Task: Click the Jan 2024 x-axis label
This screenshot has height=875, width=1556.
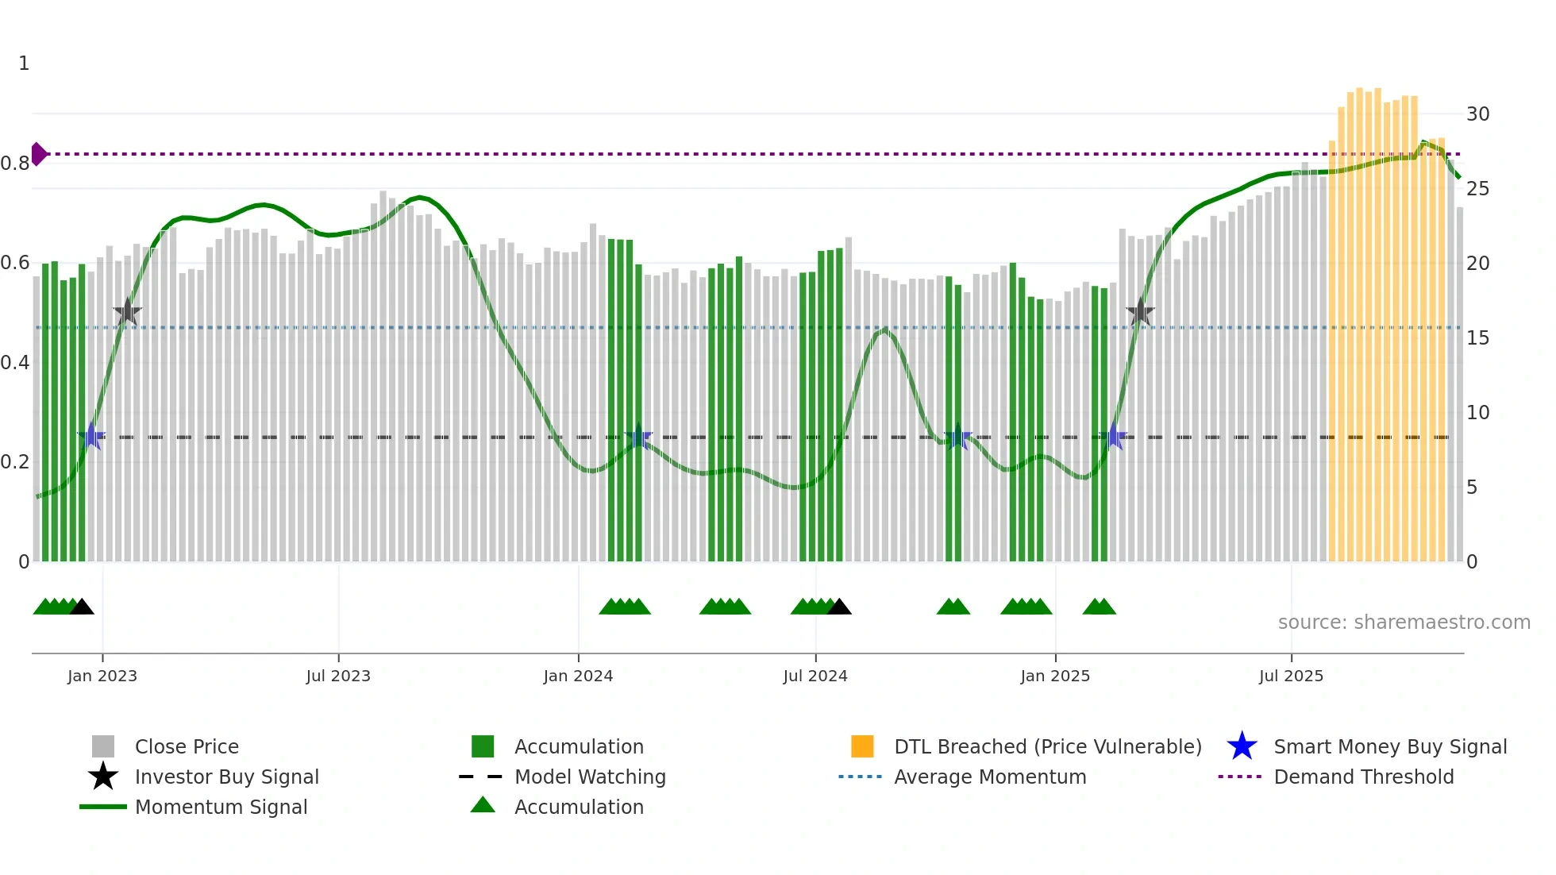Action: pos(578,676)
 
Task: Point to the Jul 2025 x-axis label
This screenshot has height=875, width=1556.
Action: pos(1291,676)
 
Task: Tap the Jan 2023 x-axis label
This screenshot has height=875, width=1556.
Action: pos(102,676)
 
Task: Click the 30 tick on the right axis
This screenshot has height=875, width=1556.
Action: pos(1477,114)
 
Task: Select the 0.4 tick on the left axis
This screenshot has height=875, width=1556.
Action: pos(15,363)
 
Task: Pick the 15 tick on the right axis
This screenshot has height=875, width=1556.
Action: pos(1477,338)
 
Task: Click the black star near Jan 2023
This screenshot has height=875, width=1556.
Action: pos(127,312)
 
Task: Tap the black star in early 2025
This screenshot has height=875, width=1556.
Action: pos(1140,312)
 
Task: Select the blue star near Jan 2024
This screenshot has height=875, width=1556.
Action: pos(638,437)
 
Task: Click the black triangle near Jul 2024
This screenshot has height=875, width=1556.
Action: pos(839,607)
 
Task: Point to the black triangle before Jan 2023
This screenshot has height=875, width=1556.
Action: pos(82,607)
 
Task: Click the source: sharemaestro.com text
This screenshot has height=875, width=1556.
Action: pos(1404,623)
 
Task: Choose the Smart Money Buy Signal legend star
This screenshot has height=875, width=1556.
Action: pos(1242,746)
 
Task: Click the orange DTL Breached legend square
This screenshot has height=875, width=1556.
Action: pos(862,746)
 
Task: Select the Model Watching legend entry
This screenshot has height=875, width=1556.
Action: pos(590,777)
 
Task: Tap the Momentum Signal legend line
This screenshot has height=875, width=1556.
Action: pos(103,807)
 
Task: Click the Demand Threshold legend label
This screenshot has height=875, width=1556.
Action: pos(1363,777)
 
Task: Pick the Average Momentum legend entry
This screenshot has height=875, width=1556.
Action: pos(989,777)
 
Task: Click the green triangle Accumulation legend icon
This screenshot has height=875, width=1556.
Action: pos(483,806)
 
